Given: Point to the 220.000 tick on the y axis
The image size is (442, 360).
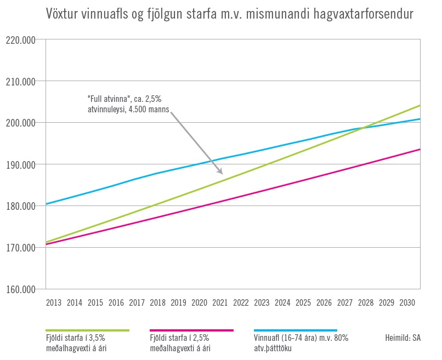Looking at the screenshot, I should (x=20, y=40).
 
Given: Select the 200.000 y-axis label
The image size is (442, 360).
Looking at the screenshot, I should (x=20, y=123).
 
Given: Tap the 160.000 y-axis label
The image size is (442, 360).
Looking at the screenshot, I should (x=20, y=289).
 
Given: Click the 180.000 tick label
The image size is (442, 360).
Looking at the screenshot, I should (x=20, y=206).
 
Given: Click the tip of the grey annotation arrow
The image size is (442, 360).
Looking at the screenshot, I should (x=223, y=174).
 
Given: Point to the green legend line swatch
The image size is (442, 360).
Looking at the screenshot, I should (x=87, y=330).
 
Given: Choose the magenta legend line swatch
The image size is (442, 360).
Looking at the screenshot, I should (x=191, y=330).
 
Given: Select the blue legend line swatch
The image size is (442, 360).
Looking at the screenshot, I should (x=295, y=330).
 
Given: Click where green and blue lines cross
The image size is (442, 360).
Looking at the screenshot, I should (x=364, y=128).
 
